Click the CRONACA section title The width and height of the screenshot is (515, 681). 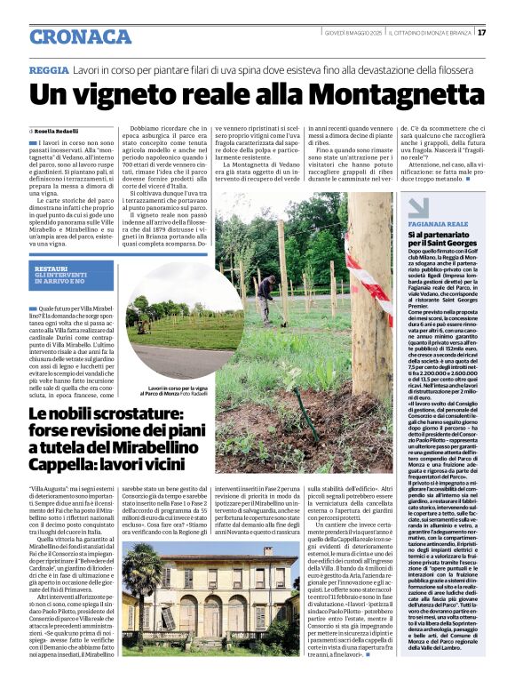pos(80,36)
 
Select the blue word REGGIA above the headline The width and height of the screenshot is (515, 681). pos(48,68)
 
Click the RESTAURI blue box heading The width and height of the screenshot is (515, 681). pos(53,268)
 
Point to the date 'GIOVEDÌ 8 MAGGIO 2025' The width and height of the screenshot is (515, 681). pos(353,33)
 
